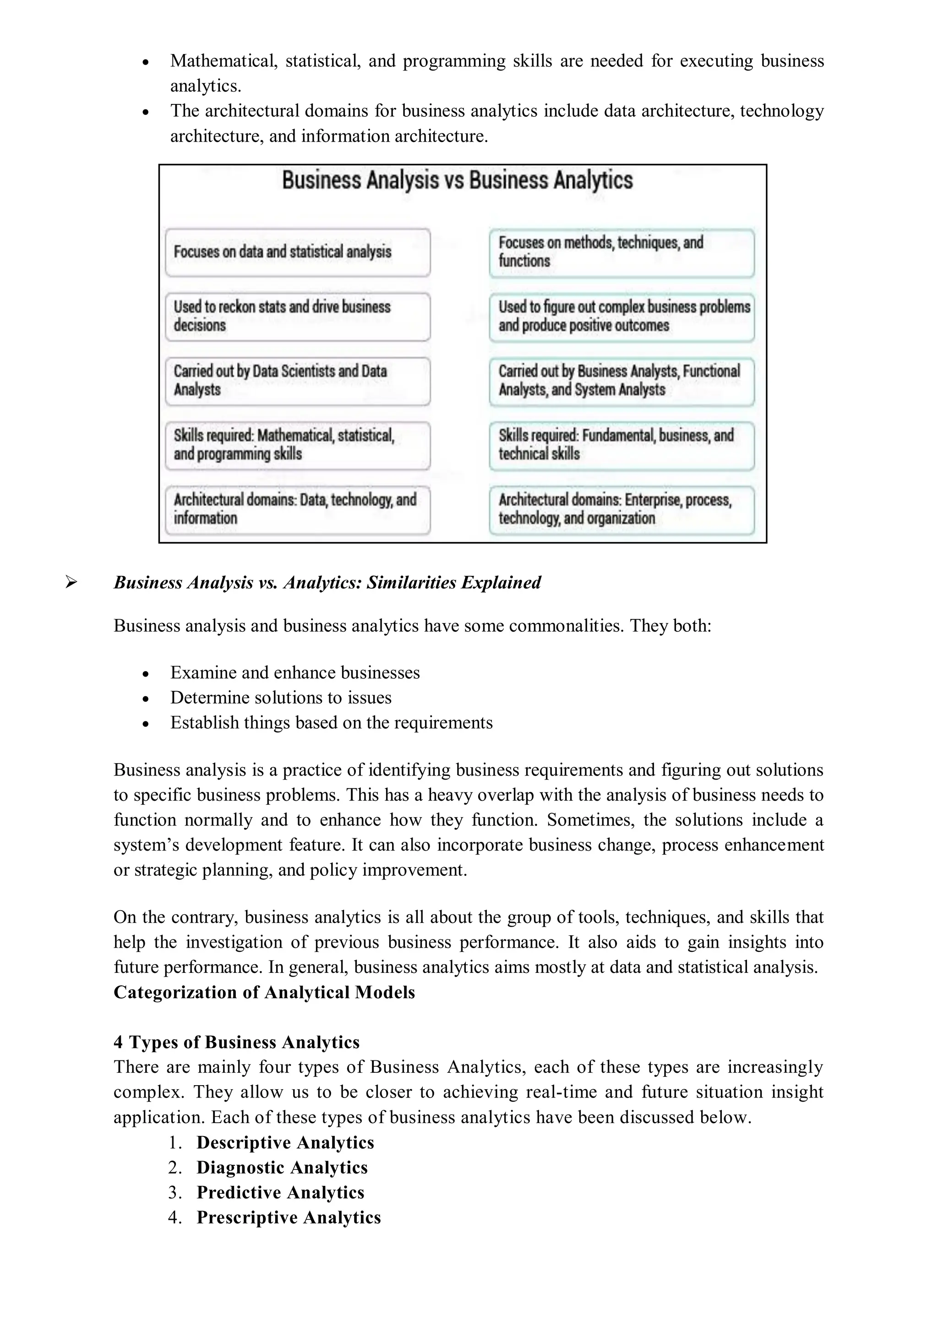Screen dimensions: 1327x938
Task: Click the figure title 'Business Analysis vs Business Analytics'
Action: click(457, 180)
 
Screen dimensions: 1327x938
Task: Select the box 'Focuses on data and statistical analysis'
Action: click(297, 252)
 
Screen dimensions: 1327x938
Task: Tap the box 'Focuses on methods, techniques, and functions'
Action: click(622, 252)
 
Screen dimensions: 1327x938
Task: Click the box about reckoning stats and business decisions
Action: click(297, 316)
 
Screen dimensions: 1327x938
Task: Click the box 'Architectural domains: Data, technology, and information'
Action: click(297, 509)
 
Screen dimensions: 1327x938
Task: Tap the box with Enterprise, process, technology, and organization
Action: click(622, 509)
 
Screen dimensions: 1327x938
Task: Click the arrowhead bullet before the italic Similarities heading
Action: click(71, 583)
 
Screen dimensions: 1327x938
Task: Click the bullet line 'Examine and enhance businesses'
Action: click(295, 673)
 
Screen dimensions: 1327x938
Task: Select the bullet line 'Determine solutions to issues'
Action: click(281, 698)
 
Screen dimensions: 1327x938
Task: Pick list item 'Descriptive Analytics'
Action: click(285, 1142)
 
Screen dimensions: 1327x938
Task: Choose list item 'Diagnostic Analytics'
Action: click(282, 1168)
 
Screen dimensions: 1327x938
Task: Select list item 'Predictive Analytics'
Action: click(280, 1192)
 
